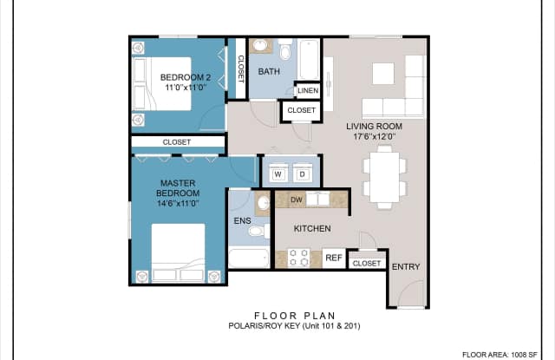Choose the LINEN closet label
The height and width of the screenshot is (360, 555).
pos(306,90)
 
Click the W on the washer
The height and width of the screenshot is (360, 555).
pos(279,174)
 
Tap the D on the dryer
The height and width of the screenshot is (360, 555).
pos(302,174)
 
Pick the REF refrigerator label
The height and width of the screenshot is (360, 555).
pos(334,259)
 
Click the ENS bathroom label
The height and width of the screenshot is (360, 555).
pos(242,221)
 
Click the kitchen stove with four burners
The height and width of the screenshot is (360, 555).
pos(298,258)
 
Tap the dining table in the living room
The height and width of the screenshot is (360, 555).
pos(382,171)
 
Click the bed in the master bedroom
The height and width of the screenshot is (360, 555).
pos(178,252)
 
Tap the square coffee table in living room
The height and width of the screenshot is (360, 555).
pos(383,74)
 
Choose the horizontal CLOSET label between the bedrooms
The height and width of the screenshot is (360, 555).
pos(178,142)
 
